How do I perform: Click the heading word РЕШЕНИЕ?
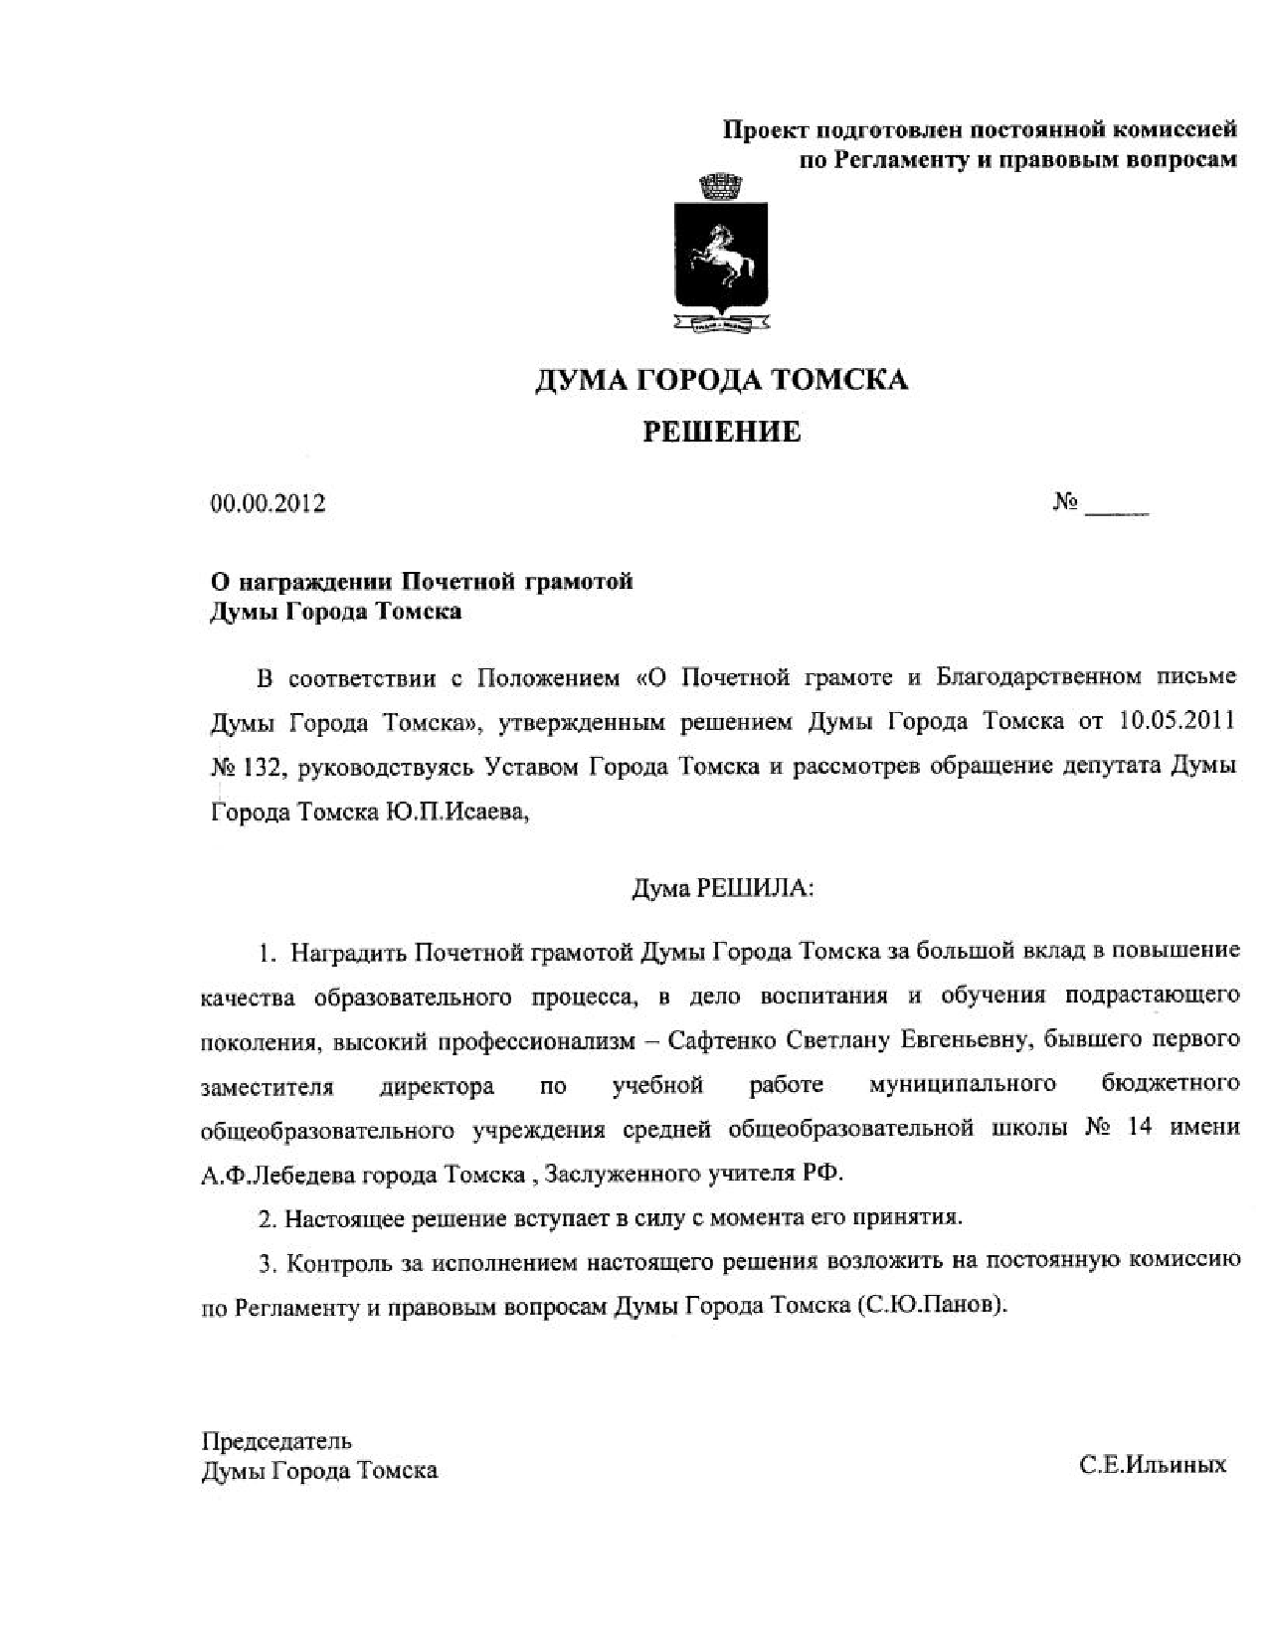point(721,432)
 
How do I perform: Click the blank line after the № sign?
point(1117,509)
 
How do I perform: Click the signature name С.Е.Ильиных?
point(1153,1465)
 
